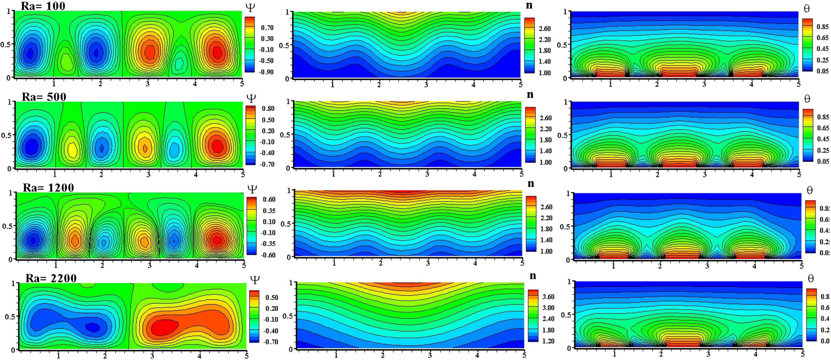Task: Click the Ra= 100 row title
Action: pyautogui.click(x=43, y=5)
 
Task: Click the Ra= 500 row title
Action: pyautogui.click(x=44, y=96)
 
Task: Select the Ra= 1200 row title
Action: pyautogui.click(x=48, y=187)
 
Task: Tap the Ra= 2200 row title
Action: pyautogui.click(x=51, y=278)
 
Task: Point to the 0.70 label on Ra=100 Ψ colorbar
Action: pyautogui.click(x=267, y=28)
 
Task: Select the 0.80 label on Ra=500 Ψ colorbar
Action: pyautogui.click(x=268, y=108)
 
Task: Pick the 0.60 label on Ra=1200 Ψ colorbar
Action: pyautogui.click(x=269, y=199)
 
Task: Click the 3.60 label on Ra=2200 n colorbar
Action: pyautogui.click(x=548, y=297)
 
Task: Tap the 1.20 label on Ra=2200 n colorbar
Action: pyautogui.click(x=548, y=341)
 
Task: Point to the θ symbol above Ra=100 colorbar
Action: pyautogui.click(x=806, y=9)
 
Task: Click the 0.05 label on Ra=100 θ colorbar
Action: pyautogui.click(x=822, y=71)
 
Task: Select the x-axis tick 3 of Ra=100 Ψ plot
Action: pyautogui.click(x=148, y=84)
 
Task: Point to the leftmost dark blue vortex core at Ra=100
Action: pyautogui.click(x=30, y=53)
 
